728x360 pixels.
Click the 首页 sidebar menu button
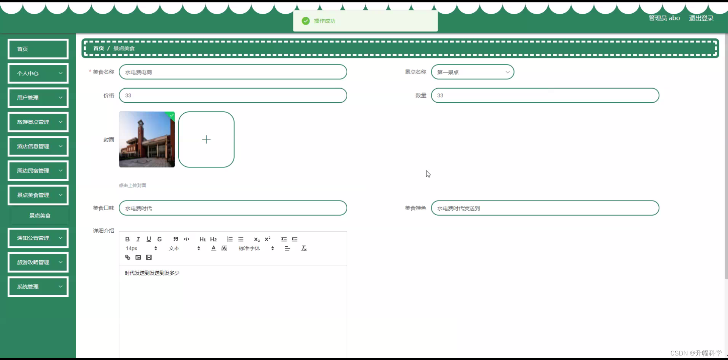click(38, 49)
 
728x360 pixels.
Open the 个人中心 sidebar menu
click(38, 73)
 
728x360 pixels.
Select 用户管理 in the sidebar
click(38, 97)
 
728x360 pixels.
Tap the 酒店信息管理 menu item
click(38, 146)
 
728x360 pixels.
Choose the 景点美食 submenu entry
click(40, 216)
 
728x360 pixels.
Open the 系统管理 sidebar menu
click(38, 286)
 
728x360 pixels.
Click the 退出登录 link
click(701, 18)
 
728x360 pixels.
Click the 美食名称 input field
click(233, 72)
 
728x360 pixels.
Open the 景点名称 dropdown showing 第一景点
click(472, 72)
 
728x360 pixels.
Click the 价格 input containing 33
click(233, 95)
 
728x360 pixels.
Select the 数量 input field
click(545, 95)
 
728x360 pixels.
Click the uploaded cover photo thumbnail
click(147, 139)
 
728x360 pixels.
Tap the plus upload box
click(206, 139)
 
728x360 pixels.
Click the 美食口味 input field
click(233, 208)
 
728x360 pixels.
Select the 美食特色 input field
click(545, 208)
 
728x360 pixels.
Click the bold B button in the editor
click(127, 239)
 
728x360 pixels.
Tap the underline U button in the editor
click(149, 239)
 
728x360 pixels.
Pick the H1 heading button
click(202, 239)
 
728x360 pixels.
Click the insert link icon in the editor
click(127, 257)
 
